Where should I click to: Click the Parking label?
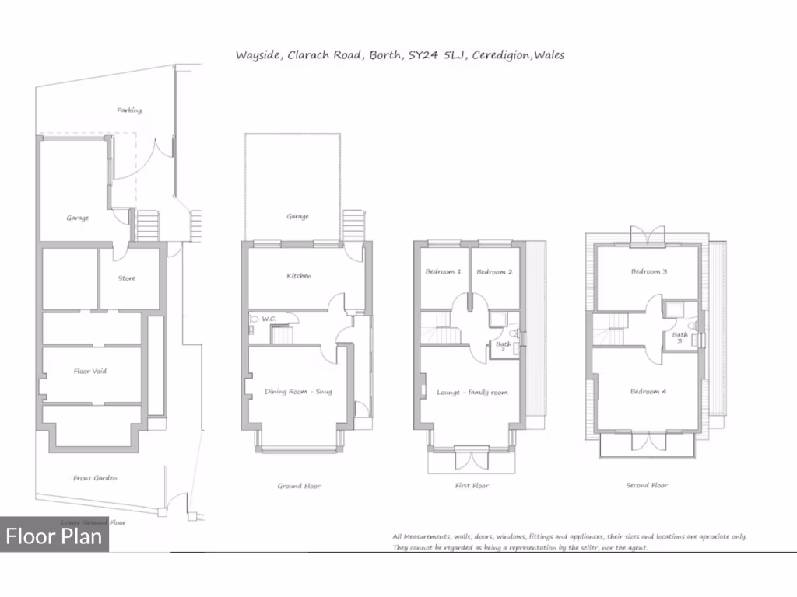(129, 110)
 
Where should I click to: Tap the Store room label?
(126, 278)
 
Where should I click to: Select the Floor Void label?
(90, 371)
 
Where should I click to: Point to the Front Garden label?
(95, 478)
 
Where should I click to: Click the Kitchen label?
(299, 276)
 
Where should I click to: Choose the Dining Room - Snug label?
(298, 391)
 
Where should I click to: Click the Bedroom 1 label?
(443, 271)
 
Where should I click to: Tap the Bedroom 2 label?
(494, 271)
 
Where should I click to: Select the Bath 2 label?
(504, 347)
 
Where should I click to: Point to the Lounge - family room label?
(472, 393)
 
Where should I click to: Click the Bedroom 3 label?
(648, 271)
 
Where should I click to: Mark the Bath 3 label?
(680, 337)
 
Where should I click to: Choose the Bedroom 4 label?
(648, 391)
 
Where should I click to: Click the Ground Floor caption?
(299, 486)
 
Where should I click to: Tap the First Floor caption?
(471, 486)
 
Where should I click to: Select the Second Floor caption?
(647, 486)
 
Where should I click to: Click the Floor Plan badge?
(54, 536)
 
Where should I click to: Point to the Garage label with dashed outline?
(297, 216)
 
